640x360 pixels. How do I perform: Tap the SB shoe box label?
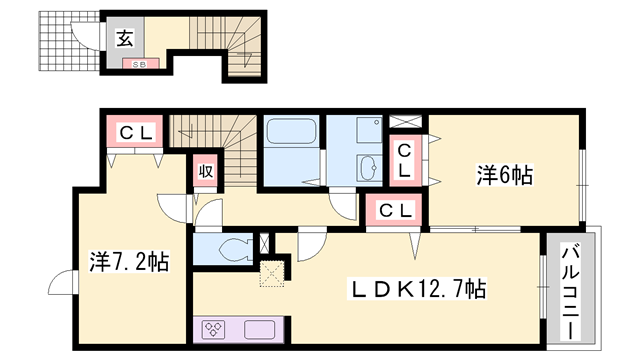[140, 64]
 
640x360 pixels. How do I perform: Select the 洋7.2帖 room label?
[129, 262]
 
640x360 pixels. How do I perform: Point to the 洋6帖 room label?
[504, 176]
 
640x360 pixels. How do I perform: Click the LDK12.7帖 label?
[416, 289]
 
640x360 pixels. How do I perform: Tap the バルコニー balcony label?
[571, 291]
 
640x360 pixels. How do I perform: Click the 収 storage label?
[206, 171]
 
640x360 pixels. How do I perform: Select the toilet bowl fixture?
[236, 249]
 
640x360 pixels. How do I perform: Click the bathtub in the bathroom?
[291, 131]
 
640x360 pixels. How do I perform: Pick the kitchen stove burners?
[214, 329]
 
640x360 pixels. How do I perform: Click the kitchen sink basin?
[260, 329]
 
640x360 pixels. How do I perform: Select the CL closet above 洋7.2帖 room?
[135, 132]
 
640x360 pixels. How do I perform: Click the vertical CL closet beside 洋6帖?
[404, 161]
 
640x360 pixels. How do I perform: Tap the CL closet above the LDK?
[394, 211]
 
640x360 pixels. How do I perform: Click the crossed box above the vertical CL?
[405, 122]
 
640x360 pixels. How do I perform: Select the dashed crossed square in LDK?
[272, 273]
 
